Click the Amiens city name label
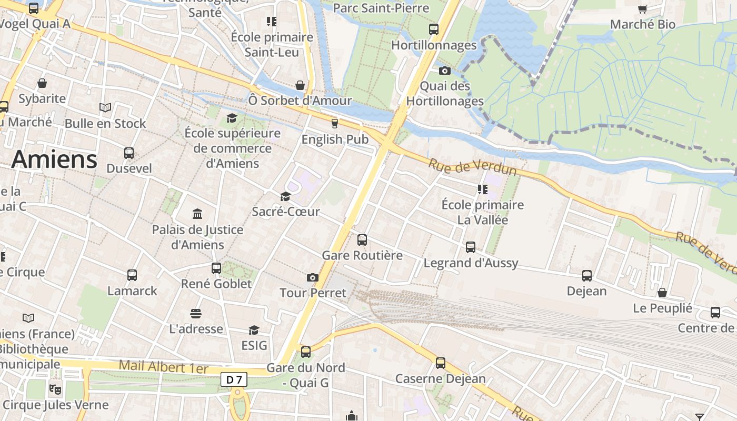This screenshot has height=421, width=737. [x=54, y=159]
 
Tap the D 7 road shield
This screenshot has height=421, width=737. [x=234, y=379]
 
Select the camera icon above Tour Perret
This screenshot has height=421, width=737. [x=313, y=277]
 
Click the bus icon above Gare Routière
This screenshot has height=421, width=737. [x=362, y=240]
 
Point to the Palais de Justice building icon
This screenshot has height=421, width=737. [x=197, y=214]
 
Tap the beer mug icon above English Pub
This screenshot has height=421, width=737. [x=334, y=124]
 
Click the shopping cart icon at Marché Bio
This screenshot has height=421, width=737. [x=642, y=9]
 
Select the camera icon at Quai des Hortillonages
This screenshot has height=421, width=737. [x=445, y=71]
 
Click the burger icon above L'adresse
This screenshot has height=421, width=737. [x=196, y=314]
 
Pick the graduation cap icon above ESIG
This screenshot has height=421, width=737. [x=254, y=330]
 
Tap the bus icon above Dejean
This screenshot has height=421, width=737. [x=587, y=275]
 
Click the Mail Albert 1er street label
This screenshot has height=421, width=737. [x=164, y=367]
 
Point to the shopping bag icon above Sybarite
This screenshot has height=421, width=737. [x=42, y=83]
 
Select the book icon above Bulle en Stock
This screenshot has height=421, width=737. [x=105, y=108]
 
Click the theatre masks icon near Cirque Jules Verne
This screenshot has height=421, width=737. [x=54, y=389]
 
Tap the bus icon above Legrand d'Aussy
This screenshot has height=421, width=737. [x=471, y=247]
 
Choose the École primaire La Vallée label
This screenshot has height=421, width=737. [x=482, y=212]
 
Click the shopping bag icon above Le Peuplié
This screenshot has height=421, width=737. [x=662, y=293]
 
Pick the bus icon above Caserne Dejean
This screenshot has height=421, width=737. [x=441, y=363]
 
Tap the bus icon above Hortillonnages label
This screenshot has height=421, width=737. [x=434, y=29]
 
